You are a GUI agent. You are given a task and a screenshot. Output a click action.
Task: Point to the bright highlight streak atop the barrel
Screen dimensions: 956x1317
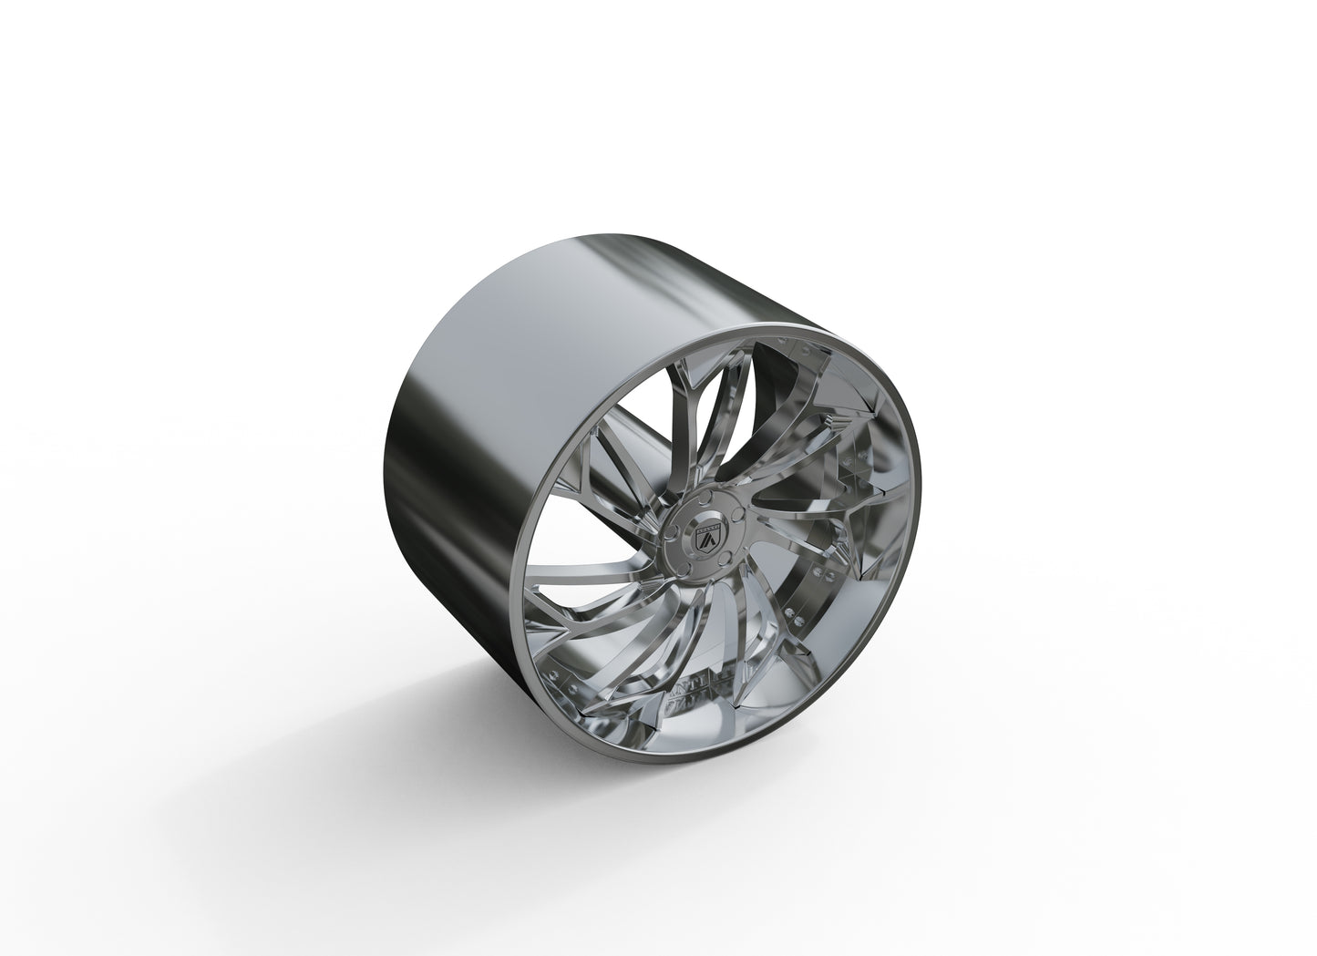pos(656,273)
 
